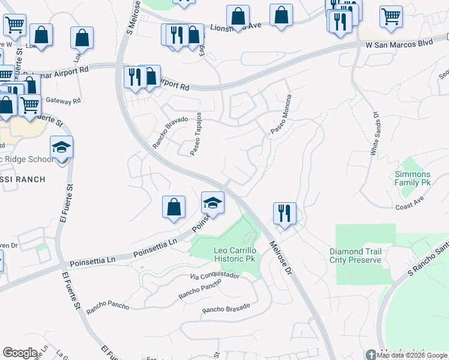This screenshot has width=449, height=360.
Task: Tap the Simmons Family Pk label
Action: [412, 178]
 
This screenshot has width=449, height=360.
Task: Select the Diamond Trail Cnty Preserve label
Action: [355, 256]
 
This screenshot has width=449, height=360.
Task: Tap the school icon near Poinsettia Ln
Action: [212, 203]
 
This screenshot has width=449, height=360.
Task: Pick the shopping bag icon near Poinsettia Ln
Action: [173, 207]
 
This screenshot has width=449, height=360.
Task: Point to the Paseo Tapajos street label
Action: [196, 136]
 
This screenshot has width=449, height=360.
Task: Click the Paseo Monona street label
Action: [281, 115]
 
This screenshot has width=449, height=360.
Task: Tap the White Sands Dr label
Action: [375, 134]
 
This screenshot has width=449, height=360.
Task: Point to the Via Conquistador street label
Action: [214, 276]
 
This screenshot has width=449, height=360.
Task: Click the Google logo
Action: [19, 353]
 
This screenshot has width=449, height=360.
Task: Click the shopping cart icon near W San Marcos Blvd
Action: [391, 17]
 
